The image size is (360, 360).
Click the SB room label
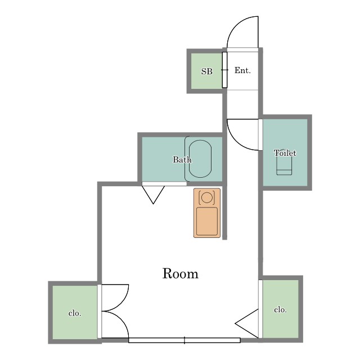tap(207, 71)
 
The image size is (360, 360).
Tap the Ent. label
tap(242, 70)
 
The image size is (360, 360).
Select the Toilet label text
tap(285, 153)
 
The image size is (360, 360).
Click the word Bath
tap(182, 159)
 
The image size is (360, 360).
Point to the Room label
tap(180, 273)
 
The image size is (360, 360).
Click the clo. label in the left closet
tap(75, 313)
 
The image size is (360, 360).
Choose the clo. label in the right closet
tap(280, 310)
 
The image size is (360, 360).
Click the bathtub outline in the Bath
tap(200, 141)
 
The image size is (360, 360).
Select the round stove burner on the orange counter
tap(207, 197)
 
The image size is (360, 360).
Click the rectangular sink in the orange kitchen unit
tap(207, 221)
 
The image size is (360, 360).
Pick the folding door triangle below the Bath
tap(153, 195)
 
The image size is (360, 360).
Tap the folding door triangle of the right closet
tap(247, 323)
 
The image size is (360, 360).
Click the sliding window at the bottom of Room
tap(184, 340)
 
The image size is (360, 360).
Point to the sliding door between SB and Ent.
tap(224, 70)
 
